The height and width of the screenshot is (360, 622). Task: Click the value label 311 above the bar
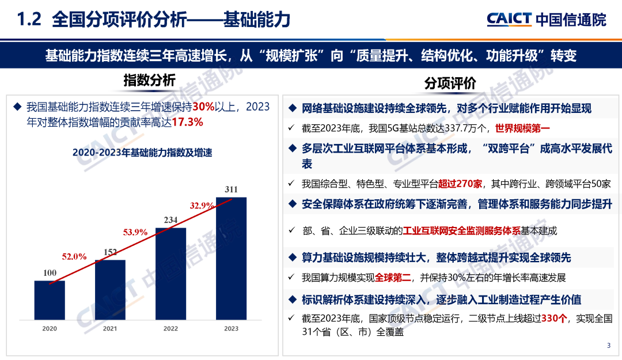click(231, 190)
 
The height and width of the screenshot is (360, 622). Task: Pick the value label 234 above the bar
click(170, 219)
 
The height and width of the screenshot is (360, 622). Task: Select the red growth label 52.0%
click(74, 256)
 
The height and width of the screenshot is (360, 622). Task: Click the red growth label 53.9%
click(135, 232)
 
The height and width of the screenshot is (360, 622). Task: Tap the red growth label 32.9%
click(202, 205)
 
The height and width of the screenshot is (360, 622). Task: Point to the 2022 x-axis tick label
click(170, 329)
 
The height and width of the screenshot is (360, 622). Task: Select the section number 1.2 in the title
click(29, 21)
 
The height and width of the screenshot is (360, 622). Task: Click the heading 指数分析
click(150, 81)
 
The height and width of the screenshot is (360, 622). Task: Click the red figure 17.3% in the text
click(187, 122)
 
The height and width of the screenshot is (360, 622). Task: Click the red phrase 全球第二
click(393, 278)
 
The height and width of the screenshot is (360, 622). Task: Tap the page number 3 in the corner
click(609, 346)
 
